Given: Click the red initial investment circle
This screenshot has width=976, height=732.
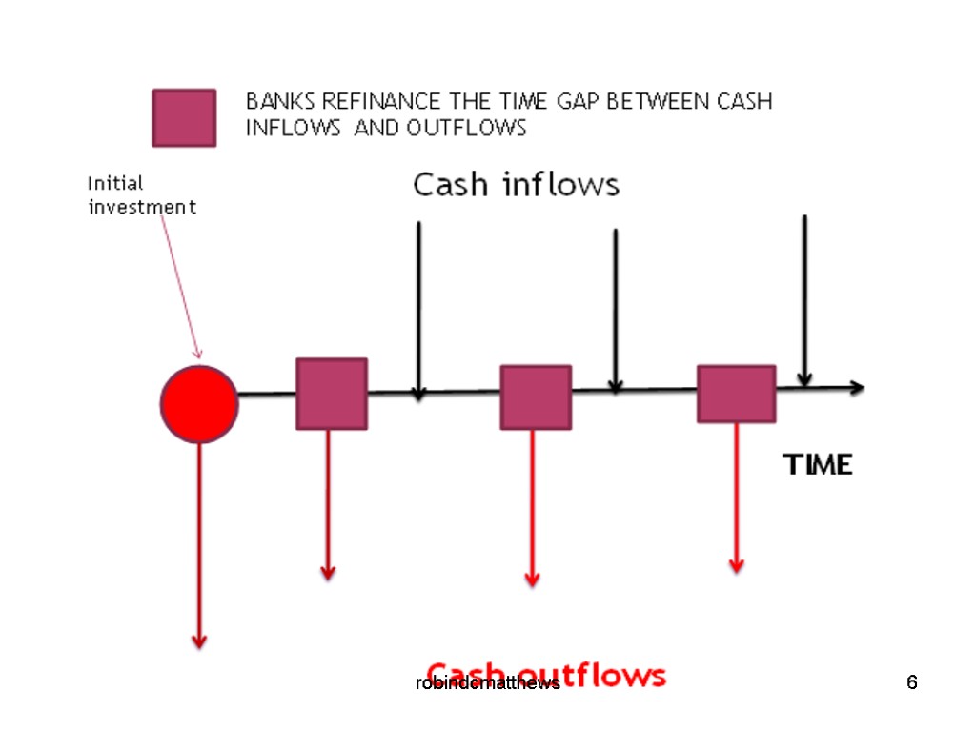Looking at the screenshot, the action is [x=199, y=403].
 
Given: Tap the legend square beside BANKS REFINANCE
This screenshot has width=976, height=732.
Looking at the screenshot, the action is [x=184, y=118].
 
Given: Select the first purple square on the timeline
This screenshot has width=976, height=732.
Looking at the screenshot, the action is [x=331, y=394].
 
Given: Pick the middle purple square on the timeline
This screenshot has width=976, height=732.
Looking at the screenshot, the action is [x=536, y=396].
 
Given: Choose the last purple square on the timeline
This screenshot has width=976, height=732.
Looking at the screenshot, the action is [x=736, y=394].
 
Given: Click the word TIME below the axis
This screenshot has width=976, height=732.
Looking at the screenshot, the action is [x=817, y=465].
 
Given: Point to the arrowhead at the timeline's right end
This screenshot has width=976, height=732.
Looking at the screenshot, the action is [x=857, y=387].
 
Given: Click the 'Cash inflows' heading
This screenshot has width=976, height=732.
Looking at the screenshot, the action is [x=516, y=185].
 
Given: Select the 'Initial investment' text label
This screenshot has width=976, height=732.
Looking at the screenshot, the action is [x=142, y=194].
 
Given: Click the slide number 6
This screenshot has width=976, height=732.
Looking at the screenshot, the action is [x=912, y=682].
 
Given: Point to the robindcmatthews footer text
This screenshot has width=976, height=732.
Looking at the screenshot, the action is [x=487, y=683].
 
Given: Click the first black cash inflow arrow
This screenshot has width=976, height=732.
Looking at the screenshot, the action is [x=418, y=305].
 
